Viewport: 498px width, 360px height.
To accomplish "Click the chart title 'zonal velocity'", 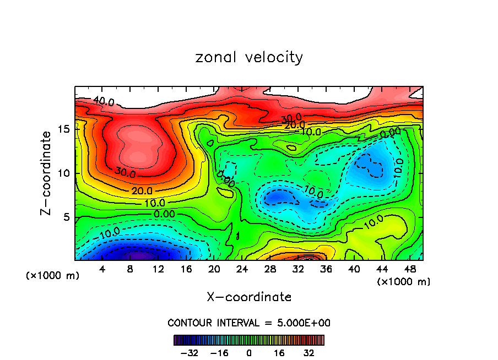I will coord(249,57).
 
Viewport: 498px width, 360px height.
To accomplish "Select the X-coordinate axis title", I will coord(249,297).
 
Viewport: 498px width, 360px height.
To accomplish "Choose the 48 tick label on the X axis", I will coord(410,269).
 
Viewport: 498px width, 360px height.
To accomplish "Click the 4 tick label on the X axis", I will coord(102,269).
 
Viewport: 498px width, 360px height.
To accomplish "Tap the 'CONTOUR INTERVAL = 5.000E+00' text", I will coord(249,323).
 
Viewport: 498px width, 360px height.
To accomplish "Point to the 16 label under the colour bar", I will coord(279,353).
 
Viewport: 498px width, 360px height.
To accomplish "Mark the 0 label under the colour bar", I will coord(249,353).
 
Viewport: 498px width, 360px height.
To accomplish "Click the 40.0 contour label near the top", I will coord(104,102).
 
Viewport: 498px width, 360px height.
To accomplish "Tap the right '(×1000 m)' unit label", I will coord(404,282).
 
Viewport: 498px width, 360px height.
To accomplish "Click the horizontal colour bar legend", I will coord(249,340).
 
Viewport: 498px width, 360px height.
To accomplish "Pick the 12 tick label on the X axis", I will coord(158,269).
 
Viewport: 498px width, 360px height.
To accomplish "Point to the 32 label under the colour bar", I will coord(309,353).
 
